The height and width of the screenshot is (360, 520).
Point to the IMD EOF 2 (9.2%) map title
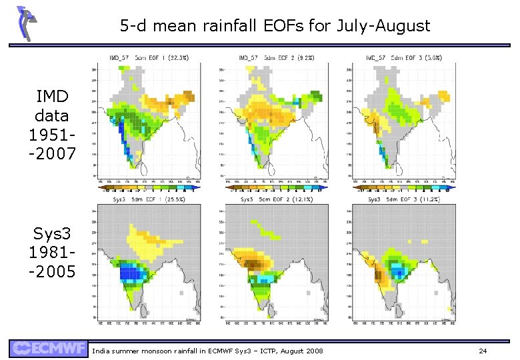(x=273, y=58)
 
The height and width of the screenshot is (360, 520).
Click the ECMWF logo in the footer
(x=48, y=349)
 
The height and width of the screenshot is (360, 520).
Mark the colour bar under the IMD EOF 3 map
(x=400, y=189)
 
